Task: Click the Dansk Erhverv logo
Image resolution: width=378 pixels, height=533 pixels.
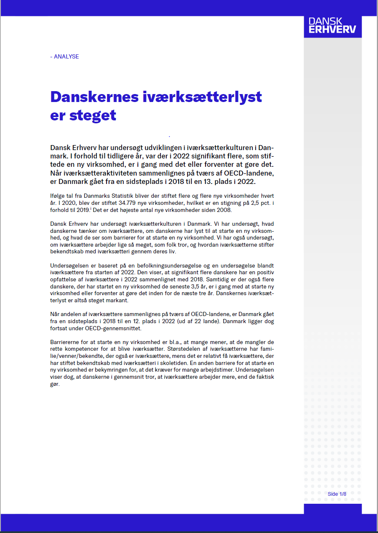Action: coord(332,26)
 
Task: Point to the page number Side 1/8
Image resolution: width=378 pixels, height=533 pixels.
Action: coord(337,494)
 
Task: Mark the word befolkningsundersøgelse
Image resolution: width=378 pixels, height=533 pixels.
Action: coord(170,265)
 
